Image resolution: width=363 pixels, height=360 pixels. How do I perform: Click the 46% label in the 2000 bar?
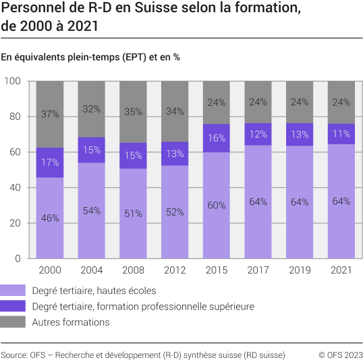point(50,218)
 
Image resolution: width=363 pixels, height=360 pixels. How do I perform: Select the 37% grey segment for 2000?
point(50,114)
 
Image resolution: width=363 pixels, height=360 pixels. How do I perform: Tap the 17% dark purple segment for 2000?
point(50,162)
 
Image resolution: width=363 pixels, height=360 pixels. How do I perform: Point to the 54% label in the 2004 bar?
point(92,210)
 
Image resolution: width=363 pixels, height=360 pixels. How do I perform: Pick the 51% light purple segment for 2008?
point(134,214)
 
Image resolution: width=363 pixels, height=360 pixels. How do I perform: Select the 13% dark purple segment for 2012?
point(175,153)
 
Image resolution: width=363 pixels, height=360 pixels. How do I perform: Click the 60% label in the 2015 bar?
point(217,206)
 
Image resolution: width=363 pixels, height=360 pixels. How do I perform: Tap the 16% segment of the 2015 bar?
point(217,138)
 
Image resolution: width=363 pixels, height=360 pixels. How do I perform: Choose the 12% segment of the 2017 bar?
point(258,134)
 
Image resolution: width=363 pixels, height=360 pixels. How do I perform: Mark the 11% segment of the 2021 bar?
point(341,133)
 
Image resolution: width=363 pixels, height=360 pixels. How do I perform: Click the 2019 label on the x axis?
point(300,270)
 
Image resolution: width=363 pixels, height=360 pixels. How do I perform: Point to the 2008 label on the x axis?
point(134,270)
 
